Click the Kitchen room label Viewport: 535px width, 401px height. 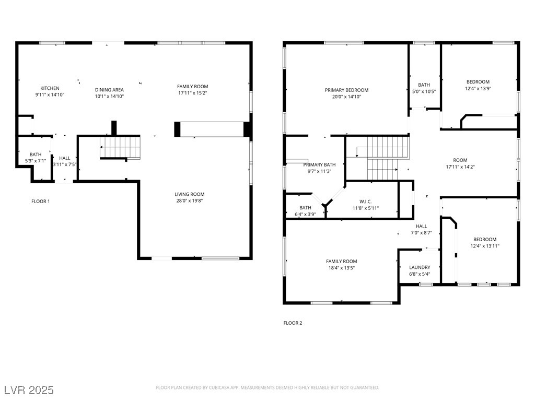tap(50, 88)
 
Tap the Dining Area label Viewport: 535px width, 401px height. tap(109, 90)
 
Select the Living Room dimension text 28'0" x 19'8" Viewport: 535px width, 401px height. tap(190, 201)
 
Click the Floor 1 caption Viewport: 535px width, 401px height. tap(41, 201)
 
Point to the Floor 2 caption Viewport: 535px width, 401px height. tap(293, 323)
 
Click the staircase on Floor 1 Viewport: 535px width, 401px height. tap(120, 148)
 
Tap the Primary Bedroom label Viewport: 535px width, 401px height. tap(347, 90)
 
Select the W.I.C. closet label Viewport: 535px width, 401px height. tap(365, 202)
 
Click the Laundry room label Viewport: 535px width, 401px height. tap(420, 267)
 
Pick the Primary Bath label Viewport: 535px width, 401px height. tap(319, 164)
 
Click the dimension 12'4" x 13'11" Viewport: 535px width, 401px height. tap(485, 246)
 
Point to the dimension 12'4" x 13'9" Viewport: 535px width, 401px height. tap(478, 88)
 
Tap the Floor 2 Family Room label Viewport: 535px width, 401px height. tap(342, 262)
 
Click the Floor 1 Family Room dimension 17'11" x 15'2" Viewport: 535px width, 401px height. tap(193, 93)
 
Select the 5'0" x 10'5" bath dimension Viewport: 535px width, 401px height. tap(424, 91)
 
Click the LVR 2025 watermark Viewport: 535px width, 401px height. tap(29, 390)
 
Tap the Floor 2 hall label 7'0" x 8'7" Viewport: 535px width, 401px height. tap(422, 232)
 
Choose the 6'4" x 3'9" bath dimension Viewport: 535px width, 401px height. tap(305, 215)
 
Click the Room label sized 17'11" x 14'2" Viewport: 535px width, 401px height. tap(460, 160)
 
